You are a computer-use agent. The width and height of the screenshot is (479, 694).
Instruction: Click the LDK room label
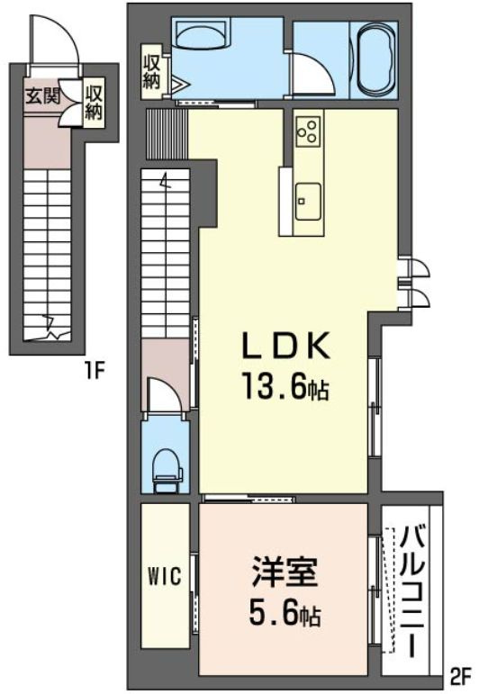coord(286,346)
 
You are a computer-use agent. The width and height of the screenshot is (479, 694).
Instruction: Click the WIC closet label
coord(164,577)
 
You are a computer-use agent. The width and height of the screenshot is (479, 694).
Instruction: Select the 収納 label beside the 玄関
coord(94,104)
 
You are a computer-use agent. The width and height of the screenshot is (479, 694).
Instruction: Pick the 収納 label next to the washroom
coord(151,74)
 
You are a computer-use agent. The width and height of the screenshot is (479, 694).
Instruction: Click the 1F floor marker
coord(95,372)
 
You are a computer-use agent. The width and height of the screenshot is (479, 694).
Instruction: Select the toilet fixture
coord(167,471)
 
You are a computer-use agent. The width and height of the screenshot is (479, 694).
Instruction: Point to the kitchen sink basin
coord(308,202)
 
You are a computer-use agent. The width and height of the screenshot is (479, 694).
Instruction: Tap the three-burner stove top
coord(309,130)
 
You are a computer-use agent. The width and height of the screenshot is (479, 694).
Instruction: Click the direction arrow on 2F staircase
coord(165,182)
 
